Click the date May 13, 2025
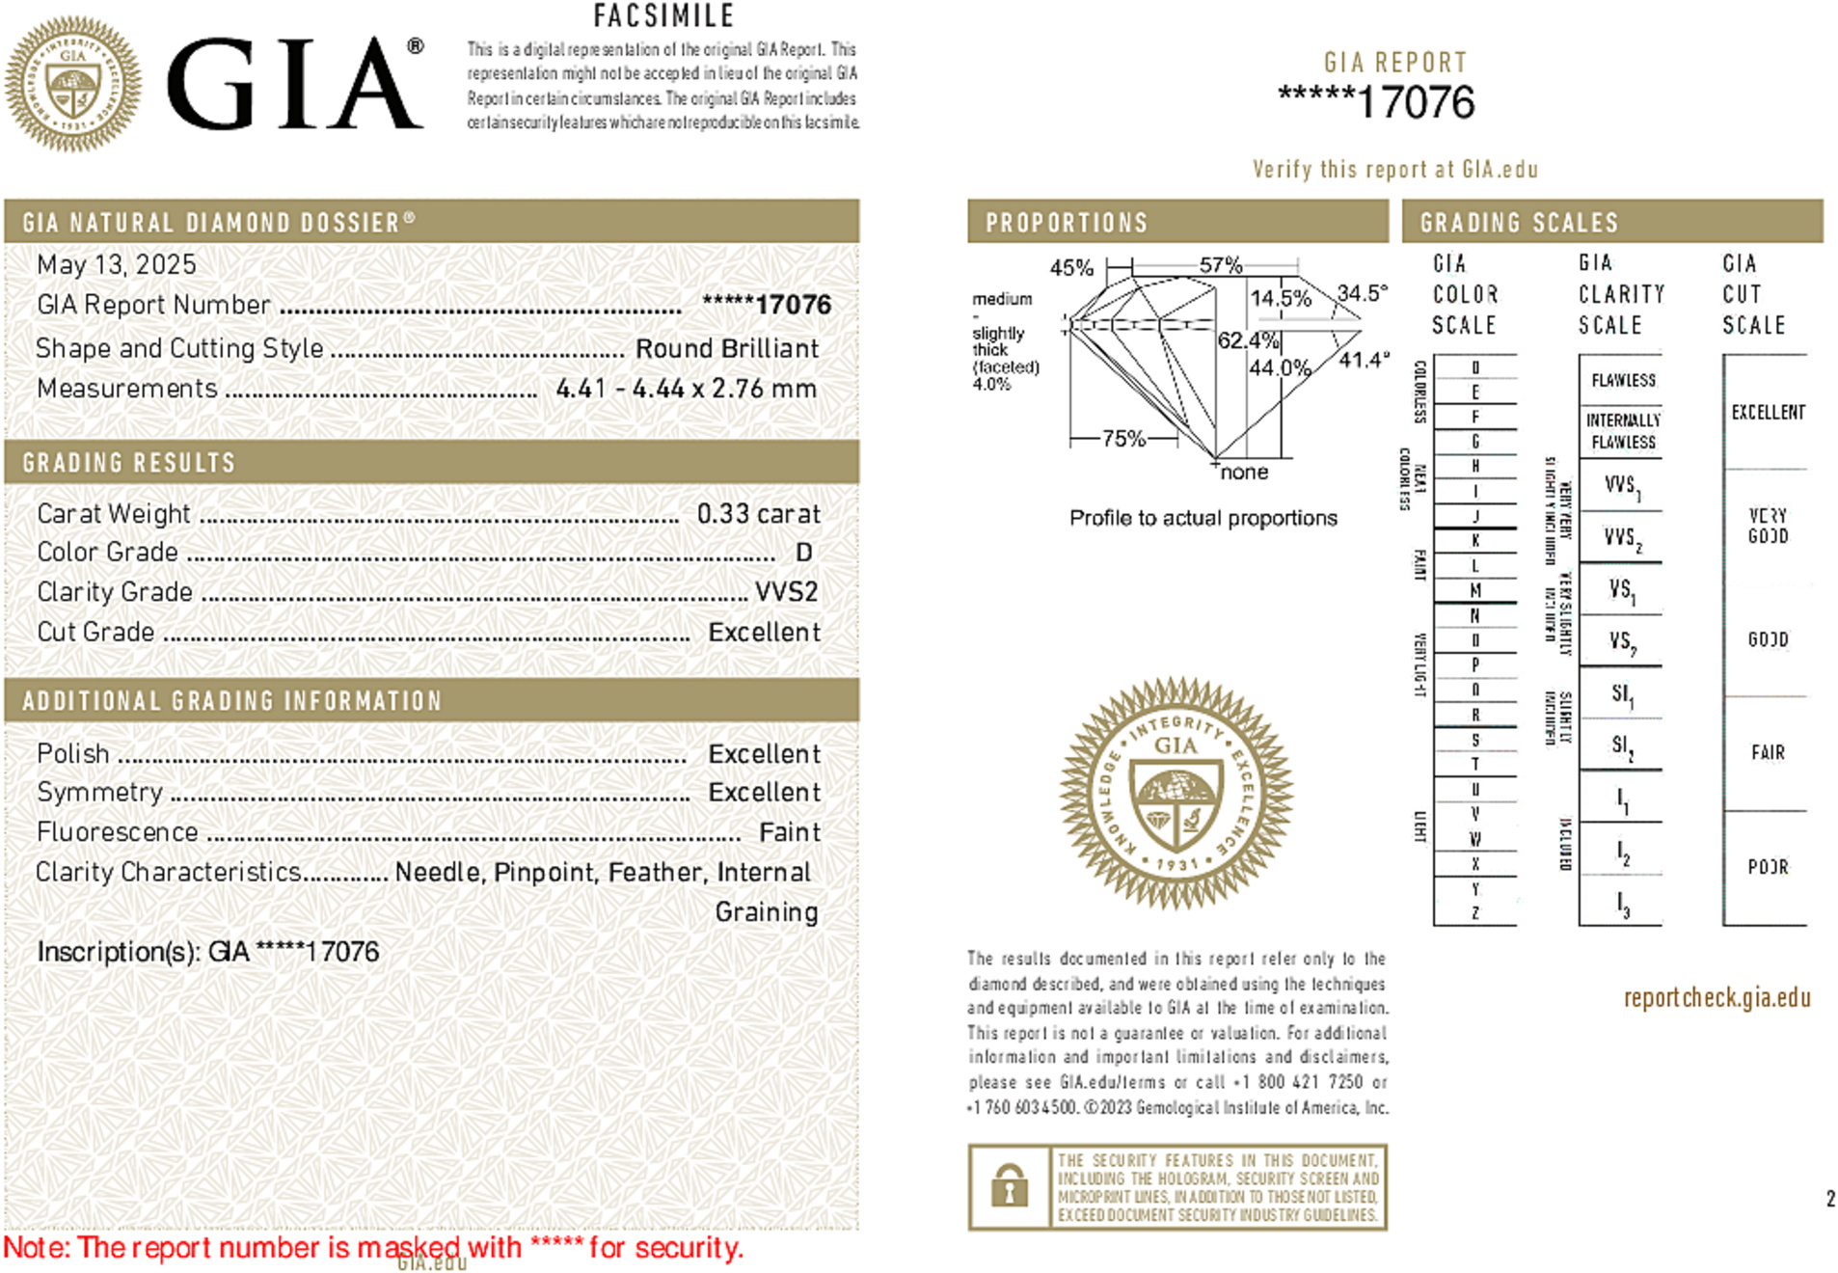point(116,264)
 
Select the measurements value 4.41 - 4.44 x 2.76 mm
point(686,389)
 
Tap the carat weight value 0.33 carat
point(758,514)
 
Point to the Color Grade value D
point(803,553)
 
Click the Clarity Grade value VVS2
point(786,592)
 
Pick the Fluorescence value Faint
point(789,832)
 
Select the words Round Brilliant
point(726,348)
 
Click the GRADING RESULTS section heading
point(128,463)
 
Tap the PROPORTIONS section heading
point(1066,223)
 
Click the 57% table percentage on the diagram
point(1220,265)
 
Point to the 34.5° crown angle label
point(1362,293)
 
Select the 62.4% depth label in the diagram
point(1247,340)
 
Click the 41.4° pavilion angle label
point(1365,360)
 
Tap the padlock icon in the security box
point(1009,1186)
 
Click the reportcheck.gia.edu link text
point(1716,998)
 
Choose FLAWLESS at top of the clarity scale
point(1623,380)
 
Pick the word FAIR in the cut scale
point(1768,752)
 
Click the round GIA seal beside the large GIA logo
point(73,84)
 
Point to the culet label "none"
point(1244,473)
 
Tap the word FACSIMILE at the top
point(663,15)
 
